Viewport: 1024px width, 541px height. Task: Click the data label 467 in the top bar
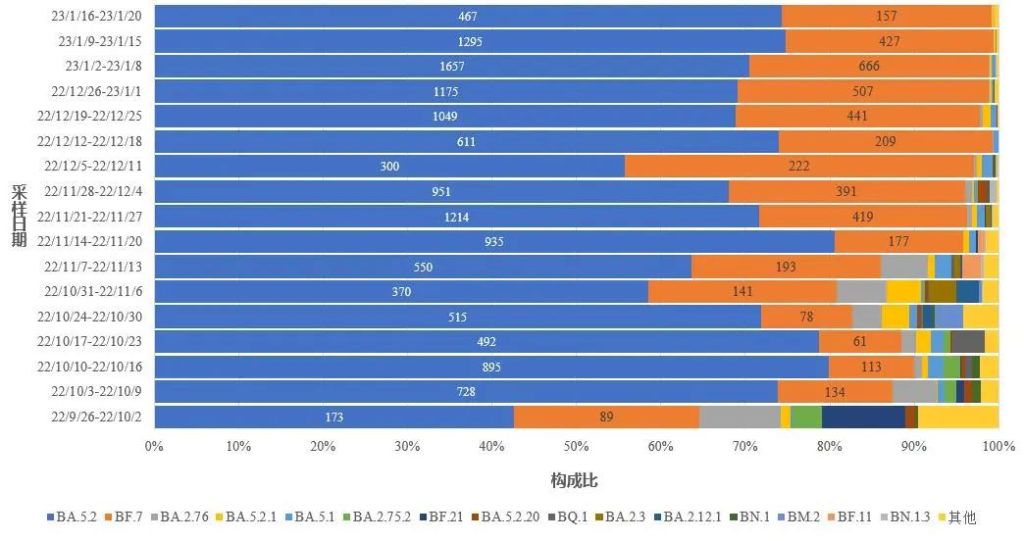point(468,17)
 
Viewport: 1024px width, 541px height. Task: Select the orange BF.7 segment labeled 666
point(869,67)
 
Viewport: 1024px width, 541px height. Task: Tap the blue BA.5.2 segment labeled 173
point(333,418)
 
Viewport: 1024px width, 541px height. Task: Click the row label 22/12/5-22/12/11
point(95,166)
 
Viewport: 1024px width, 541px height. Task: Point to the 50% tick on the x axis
point(576,447)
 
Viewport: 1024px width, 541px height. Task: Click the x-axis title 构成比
point(575,481)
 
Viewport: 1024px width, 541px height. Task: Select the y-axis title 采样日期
point(19,216)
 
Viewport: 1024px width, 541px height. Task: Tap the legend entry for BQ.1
point(568,516)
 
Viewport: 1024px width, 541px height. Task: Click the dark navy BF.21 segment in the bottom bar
point(863,418)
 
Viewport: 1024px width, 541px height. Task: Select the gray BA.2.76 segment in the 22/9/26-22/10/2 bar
point(740,418)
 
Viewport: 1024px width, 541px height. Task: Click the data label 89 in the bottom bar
point(606,418)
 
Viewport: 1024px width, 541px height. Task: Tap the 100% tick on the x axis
point(998,447)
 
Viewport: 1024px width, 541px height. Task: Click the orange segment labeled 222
point(799,167)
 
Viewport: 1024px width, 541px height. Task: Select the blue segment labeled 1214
point(456,217)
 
